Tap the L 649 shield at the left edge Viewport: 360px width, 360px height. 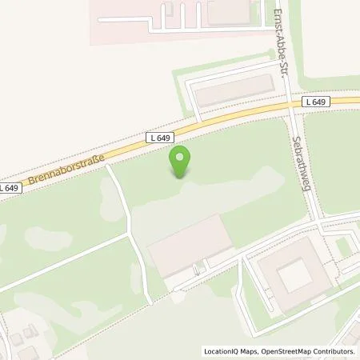coord(8,187)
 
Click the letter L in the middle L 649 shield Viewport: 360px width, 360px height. coord(153,138)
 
